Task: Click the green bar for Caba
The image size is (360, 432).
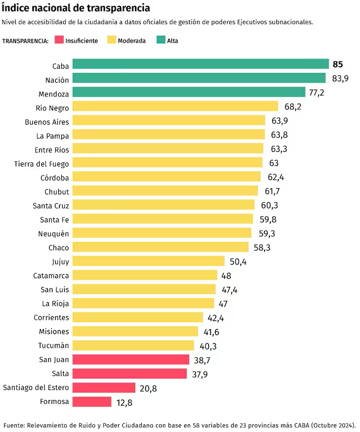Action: [200, 64]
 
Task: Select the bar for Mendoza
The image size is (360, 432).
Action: [189, 92]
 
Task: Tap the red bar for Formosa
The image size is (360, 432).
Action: [92, 402]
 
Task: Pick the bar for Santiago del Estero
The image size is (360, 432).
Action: [104, 388]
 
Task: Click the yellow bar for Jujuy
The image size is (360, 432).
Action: [149, 261]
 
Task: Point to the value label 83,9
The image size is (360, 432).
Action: [340, 78]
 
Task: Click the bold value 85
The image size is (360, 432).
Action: [337, 64]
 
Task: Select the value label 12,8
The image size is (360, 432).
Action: [124, 402]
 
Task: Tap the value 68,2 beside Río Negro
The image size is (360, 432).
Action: [293, 107]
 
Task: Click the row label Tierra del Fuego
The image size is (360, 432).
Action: [42, 163]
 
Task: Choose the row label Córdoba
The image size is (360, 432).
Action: [55, 178]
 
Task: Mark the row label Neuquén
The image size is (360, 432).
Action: [54, 234]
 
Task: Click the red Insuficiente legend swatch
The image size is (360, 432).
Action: [59, 40]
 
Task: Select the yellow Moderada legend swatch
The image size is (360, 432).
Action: [111, 40]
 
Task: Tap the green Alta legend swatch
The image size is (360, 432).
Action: [160, 40]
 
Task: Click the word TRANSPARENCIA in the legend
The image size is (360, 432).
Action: [25, 41]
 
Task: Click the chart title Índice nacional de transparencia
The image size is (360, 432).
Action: [76, 8]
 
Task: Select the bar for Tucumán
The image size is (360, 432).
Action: [133, 345]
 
